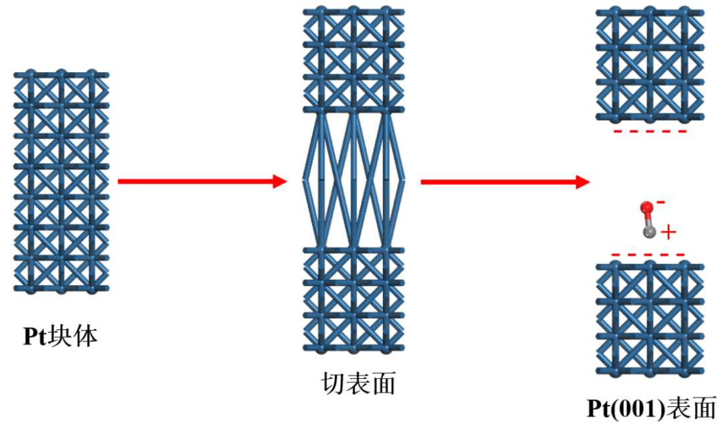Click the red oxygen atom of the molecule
coord(646,207)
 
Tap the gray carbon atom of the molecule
coord(649,231)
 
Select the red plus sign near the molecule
coord(669,233)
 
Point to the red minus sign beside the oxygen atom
coord(660,202)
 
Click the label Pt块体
coord(60,336)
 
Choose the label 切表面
coord(358,383)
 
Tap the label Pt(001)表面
coord(652,408)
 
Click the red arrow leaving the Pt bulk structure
coord(203,181)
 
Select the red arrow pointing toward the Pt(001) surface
coord(505,182)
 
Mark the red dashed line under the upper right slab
coord(650,132)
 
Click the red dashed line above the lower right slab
coord(648,255)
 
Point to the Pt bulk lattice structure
coord(62,181)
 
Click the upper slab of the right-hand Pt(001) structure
coord(650,64)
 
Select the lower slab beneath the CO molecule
coord(650,318)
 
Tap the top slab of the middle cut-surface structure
coord(354,60)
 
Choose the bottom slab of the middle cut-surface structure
coord(354,300)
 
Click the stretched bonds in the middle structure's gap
coord(354,180)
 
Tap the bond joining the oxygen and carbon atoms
coord(648,220)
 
